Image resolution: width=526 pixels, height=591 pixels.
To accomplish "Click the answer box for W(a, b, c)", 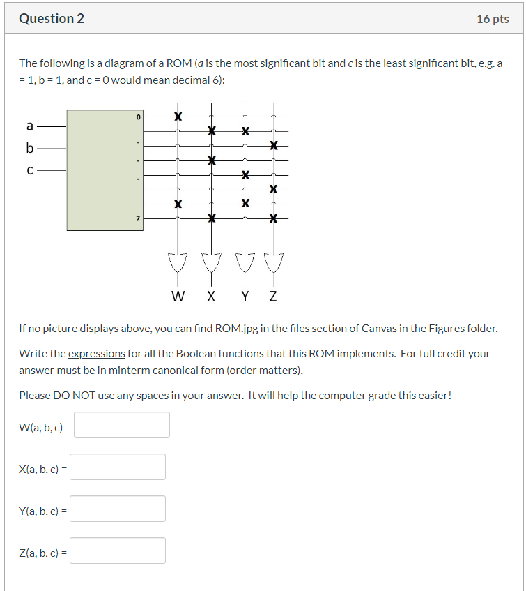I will click(x=122, y=425).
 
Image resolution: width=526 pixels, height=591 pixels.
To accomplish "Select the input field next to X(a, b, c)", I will click(x=118, y=467).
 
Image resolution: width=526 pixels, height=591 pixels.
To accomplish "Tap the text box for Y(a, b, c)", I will click(x=118, y=509).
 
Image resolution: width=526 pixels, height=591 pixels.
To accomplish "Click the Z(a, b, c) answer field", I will click(x=118, y=551).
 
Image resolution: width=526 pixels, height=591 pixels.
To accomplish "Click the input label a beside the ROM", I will click(x=29, y=126).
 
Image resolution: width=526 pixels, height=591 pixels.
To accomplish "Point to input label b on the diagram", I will click(x=29, y=148).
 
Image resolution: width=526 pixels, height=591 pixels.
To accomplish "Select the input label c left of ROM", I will click(x=29, y=169).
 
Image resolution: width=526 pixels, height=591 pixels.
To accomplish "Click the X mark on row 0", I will click(x=178, y=117).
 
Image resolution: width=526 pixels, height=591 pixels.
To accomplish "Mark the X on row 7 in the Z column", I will click(x=274, y=218).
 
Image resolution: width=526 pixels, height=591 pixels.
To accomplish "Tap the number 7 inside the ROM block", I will click(x=138, y=218).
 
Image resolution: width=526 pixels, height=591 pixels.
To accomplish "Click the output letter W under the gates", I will click(x=178, y=296).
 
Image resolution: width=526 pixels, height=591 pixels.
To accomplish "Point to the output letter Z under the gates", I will click(x=273, y=296).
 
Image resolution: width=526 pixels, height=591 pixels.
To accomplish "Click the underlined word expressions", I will click(x=97, y=354).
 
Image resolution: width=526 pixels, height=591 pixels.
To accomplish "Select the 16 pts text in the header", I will click(x=493, y=19).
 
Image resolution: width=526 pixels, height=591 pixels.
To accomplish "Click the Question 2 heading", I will click(x=52, y=19).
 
